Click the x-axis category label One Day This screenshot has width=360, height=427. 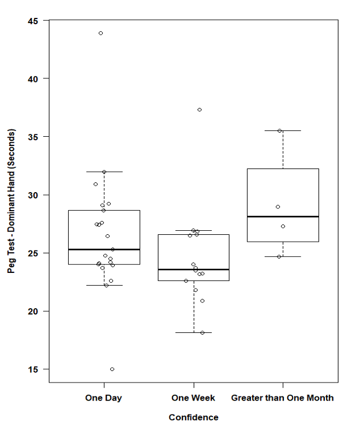click(x=104, y=398)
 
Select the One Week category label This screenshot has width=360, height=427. click(x=193, y=398)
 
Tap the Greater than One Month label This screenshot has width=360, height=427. click(x=282, y=398)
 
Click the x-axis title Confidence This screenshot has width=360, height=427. click(x=193, y=417)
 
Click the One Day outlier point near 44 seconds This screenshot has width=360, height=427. click(x=100, y=33)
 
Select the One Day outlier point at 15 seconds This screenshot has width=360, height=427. click(x=112, y=369)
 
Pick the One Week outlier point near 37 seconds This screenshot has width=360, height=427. click(x=200, y=110)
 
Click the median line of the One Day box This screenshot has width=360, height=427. click(x=104, y=249)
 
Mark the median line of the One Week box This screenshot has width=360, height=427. click(x=193, y=269)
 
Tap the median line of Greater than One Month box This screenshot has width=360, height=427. click(x=283, y=216)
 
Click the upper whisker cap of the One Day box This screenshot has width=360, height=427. click(x=104, y=171)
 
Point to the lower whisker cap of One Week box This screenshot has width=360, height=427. click(x=193, y=332)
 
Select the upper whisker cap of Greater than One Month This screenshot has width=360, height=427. click(x=283, y=131)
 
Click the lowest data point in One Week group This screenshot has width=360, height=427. click(x=202, y=332)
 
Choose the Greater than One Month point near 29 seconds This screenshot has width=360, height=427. click(x=277, y=207)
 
